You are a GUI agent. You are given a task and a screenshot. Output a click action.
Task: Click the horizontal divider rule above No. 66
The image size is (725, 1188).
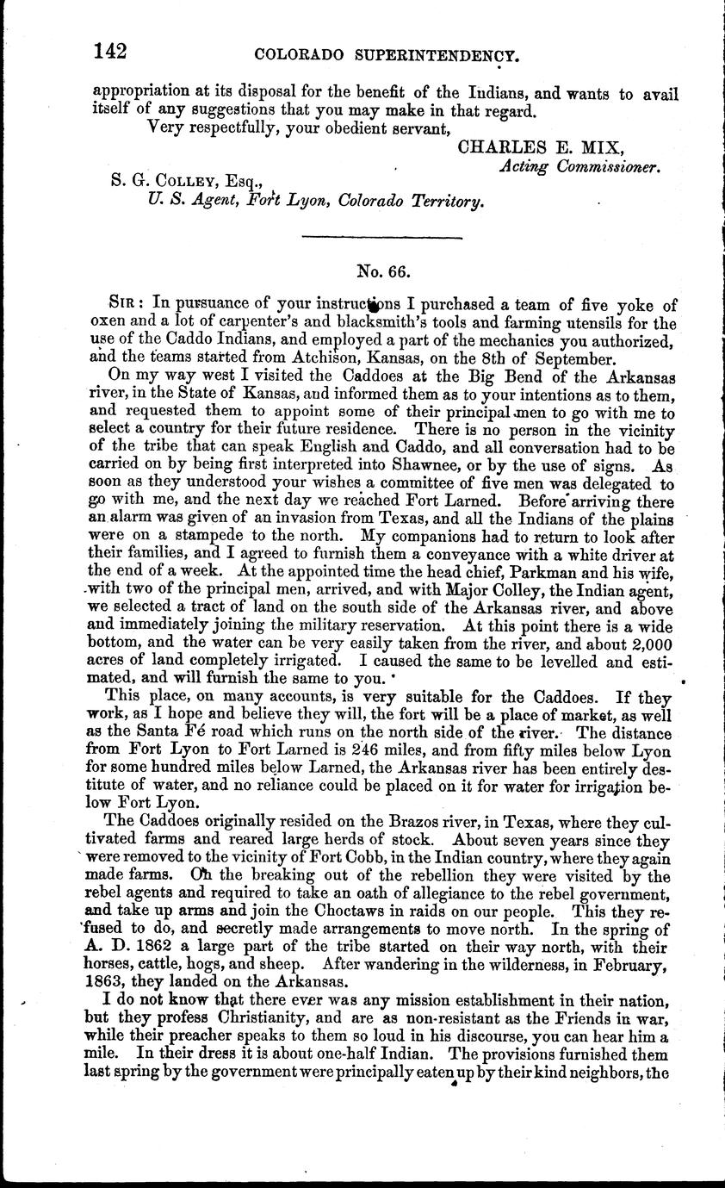(x=383, y=237)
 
